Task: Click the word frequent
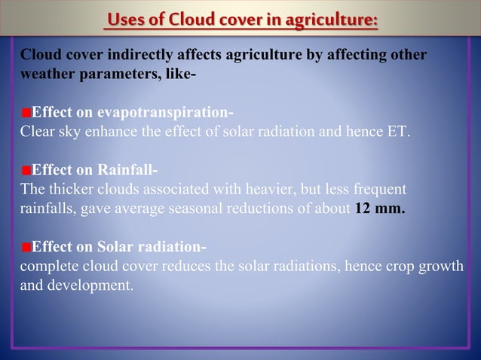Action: [x=378, y=189]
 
